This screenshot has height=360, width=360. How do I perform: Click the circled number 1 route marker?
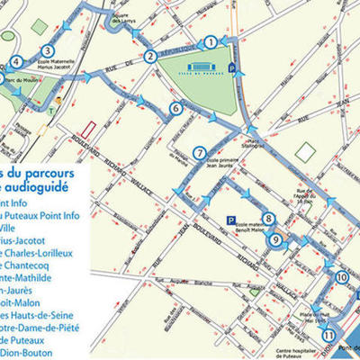(x=210, y=41)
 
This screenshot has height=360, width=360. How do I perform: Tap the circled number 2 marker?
(x=150, y=58)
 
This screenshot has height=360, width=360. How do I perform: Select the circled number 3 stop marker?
(x=47, y=51)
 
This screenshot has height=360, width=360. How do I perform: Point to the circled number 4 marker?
(x=16, y=62)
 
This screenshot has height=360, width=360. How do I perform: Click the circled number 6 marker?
(x=175, y=109)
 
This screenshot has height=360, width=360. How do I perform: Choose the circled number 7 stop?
(x=199, y=152)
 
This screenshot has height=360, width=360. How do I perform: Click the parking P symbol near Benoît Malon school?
(x=232, y=220)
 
